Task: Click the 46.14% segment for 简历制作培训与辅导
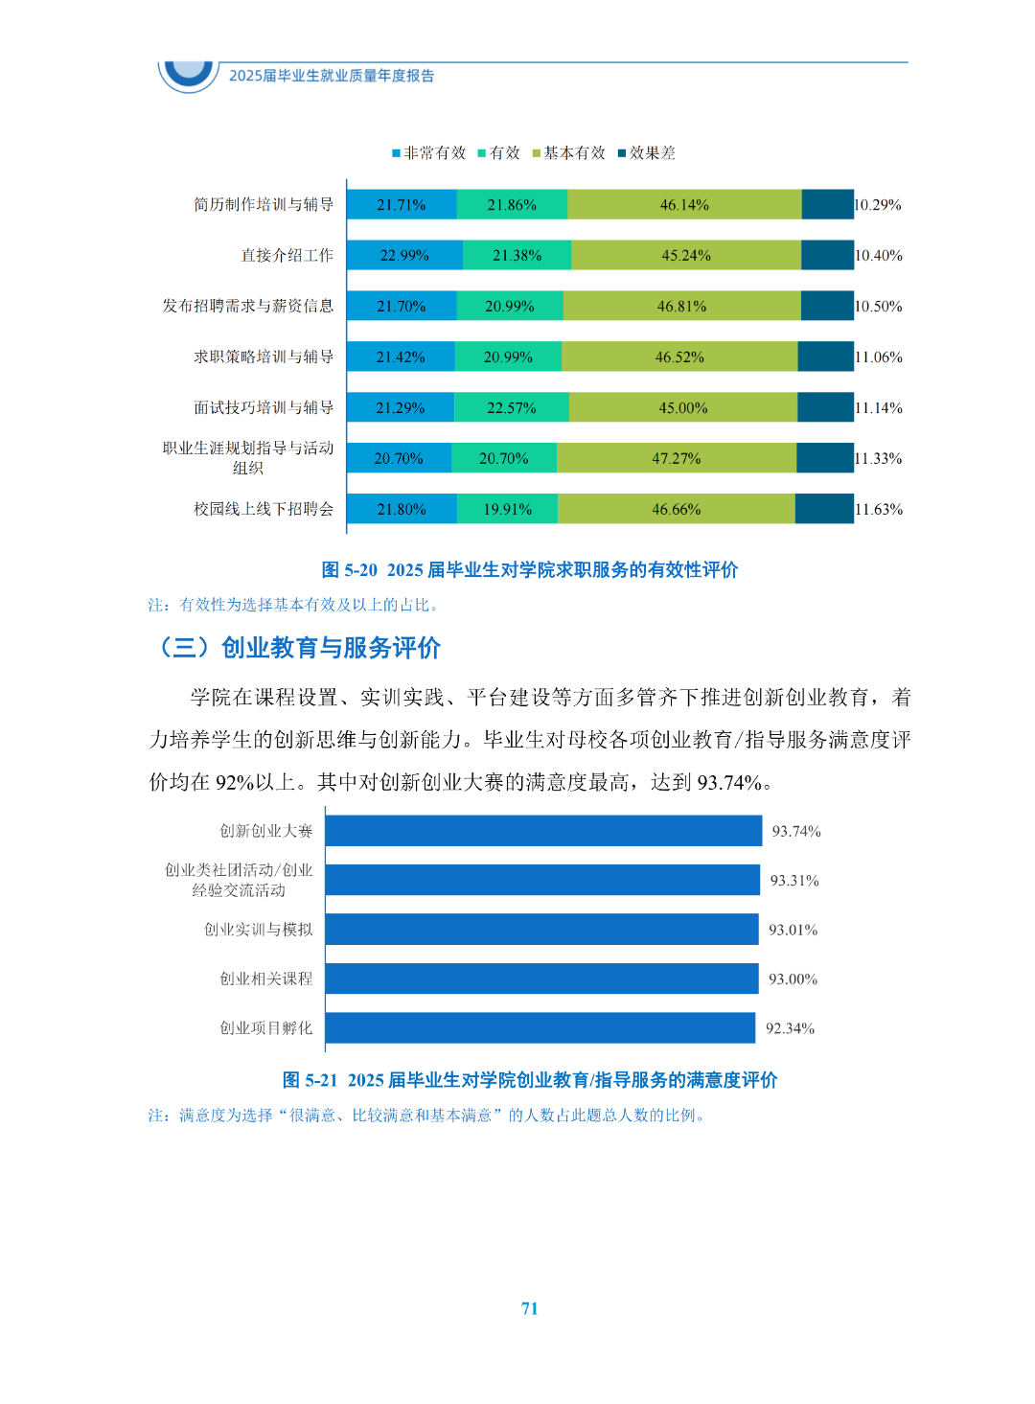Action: (x=684, y=205)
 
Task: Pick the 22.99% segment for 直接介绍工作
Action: (x=404, y=256)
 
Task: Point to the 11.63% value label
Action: (x=879, y=510)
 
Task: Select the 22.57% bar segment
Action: (x=511, y=408)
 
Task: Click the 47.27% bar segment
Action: (x=677, y=459)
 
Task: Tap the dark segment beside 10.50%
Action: (x=827, y=307)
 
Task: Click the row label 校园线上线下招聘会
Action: (x=264, y=509)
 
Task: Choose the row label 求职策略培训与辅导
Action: (x=264, y=357)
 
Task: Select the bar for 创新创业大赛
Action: (x=543, y=831)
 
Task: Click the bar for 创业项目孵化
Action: (x=540, y=1028)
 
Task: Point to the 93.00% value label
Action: (x=793, y=979)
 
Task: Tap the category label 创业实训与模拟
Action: (x=258, y=930)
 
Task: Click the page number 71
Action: (x=529, y=1309)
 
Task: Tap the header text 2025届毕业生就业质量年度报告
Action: (x=332, y=76)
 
